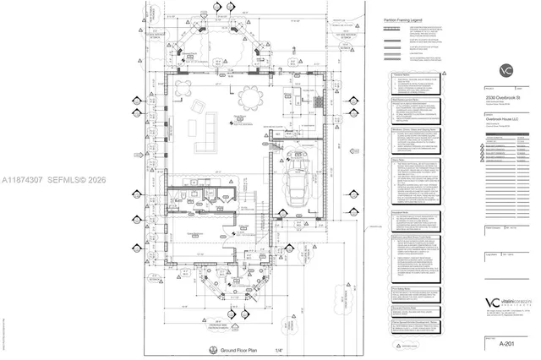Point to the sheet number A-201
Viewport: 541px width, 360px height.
pyautogui.click(x=507, y=343)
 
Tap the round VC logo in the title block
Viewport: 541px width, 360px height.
pyautogui.click(x=506, y=70)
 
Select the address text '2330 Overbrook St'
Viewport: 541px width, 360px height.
pyautogui.click(x=506, y=98)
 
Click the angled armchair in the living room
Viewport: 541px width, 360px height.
pyautogui.click(x=199, y=106)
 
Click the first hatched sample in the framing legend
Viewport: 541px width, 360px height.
pyautogui.click(x=391, y=29)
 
